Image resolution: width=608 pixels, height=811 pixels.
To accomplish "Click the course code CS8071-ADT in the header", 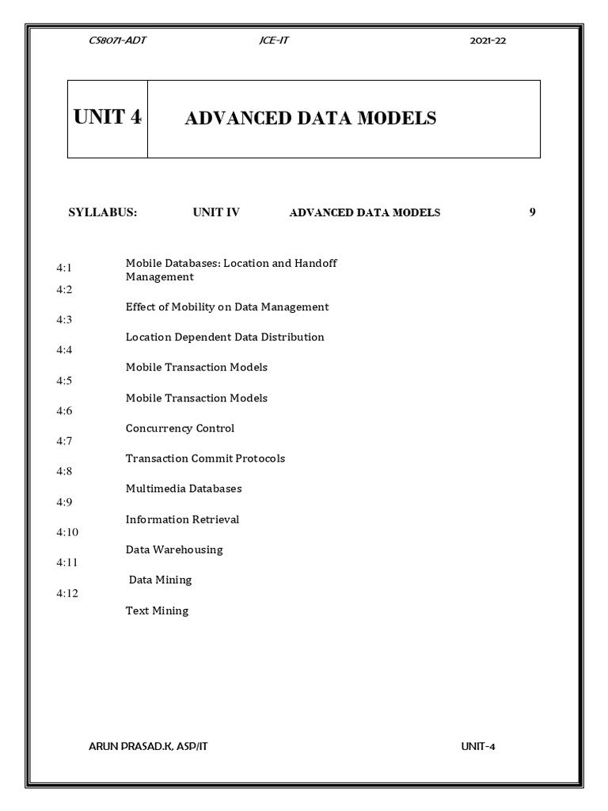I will click(118, 41).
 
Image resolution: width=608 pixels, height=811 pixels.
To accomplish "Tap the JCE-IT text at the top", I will click(273, 41).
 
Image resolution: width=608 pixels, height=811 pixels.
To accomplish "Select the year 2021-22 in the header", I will click(488, 41).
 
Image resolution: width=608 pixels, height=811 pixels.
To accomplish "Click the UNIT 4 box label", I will click(108, 118).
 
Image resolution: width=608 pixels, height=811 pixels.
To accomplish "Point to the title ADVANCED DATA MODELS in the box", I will click(310, 119).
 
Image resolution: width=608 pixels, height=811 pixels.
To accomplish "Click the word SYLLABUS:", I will click(103, 212).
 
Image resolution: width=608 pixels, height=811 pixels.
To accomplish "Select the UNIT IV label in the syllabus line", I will click(216, 212).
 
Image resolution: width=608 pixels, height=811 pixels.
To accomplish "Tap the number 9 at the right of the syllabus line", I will click(532, 212).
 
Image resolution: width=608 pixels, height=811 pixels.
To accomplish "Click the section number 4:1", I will click(64, 269).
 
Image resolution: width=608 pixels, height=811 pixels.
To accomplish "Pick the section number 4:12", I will click(67, 592).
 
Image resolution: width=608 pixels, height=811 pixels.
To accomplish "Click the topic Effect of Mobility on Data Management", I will click(227, 307).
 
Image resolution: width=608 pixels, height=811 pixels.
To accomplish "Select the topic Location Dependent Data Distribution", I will click(225, 337).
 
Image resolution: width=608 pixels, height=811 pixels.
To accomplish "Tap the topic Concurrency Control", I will click(180, 428).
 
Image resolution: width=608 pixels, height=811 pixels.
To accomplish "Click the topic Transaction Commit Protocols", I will click(205, 459).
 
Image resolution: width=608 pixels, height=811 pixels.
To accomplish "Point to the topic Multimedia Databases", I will click(184, 489).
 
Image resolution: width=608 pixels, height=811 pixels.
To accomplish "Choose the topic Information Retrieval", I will click(182, 520).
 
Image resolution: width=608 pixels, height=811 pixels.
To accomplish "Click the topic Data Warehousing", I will click(174, 550).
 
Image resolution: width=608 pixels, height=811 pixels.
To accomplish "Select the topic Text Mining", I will click(157, 611).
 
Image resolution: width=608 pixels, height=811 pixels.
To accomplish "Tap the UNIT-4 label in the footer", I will click(478, 747).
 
